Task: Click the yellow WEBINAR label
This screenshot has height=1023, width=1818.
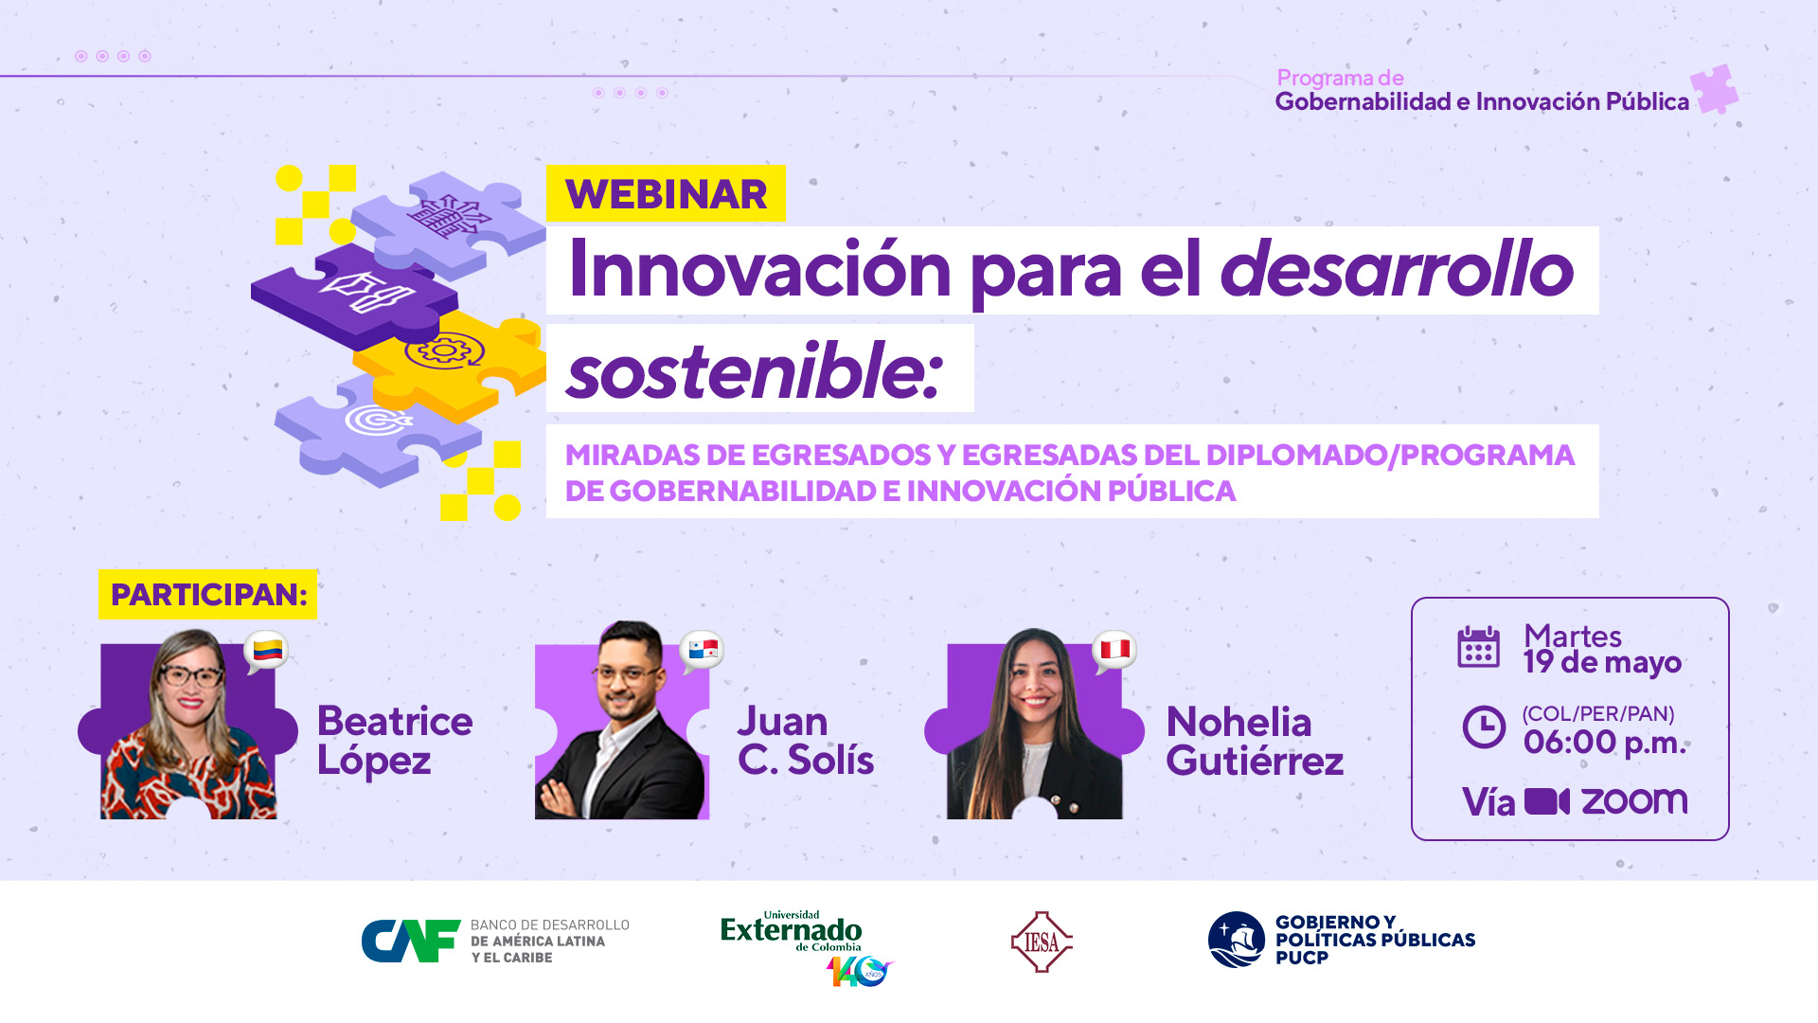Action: [x=666, y=193]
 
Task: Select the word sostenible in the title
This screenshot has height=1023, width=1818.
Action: [x=755, y=370]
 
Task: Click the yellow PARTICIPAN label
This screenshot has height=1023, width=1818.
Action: [x=208, y=594]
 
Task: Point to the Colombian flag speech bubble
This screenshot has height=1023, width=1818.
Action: [x=266, y=652]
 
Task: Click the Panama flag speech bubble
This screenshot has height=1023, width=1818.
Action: [x=703, y=651]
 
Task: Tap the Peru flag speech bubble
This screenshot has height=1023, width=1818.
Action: [x=1114, y=651]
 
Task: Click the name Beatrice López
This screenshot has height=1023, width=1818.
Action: [x=395, y=741]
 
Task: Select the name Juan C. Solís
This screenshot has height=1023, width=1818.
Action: [x=806, y=741]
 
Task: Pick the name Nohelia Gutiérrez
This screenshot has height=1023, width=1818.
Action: [x=1255, y=741]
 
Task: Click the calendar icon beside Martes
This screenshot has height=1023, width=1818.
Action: [x=1478, y=647]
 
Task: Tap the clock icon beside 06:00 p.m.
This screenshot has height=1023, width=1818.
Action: [x=1484, y=727]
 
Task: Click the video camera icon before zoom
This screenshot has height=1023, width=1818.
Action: [x=1547, y=801]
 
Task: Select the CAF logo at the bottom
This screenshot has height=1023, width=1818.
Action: [x=495, y=941]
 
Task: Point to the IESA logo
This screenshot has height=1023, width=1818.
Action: [x=1042, y=942]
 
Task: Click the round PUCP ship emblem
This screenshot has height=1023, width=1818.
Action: [x=1237, y=940]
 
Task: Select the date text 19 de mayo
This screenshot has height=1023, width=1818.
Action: [x=1602, y=662]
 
